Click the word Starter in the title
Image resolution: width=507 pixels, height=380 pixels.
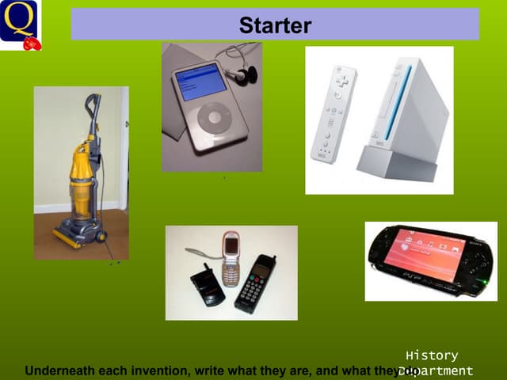pyautogui.click(x=275, y=26)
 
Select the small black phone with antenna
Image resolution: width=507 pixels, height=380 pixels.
pyautogui.click(x=208, y=287)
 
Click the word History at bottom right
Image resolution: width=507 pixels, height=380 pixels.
pyautogui.click(x=431, y=355)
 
